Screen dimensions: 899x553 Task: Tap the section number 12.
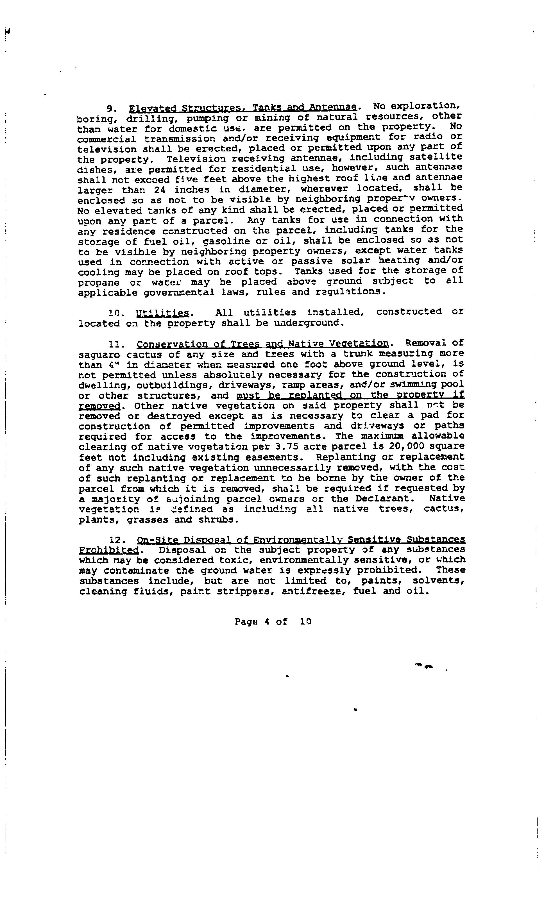coord(116,540)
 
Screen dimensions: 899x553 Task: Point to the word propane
coord(98,283)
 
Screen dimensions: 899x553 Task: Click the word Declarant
coord(385,499)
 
